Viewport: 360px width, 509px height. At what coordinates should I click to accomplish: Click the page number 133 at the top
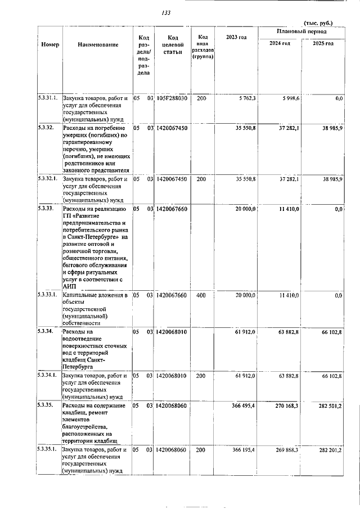[166, 13]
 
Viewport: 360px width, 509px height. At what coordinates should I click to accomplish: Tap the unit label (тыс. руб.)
[318, 23]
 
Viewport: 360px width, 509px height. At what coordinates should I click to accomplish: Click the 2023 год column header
[236, 37]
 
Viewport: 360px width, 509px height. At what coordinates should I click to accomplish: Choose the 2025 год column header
[323, 43]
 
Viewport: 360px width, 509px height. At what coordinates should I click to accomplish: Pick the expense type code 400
[201, 295]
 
